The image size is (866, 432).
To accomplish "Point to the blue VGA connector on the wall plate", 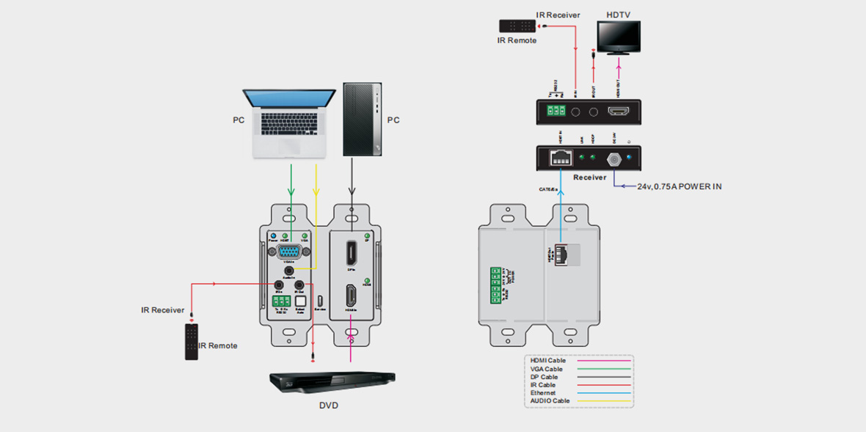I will (288, 252).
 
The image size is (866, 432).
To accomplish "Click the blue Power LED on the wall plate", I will (272, 235).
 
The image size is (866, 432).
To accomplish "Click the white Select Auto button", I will (299, 301).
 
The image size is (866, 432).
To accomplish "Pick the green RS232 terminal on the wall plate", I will (279, 301).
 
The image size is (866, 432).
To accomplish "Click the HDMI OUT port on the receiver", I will (619, 112).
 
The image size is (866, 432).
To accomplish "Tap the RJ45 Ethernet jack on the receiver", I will (561, 156).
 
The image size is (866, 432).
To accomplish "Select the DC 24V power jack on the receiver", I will (613, 157).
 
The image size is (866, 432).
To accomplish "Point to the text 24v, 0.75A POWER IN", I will (679, 186).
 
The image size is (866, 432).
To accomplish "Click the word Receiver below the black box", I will (589, 177).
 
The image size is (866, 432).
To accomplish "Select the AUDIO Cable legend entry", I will (550, 401).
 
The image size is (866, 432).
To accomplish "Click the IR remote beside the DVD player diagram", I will (192, 342).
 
